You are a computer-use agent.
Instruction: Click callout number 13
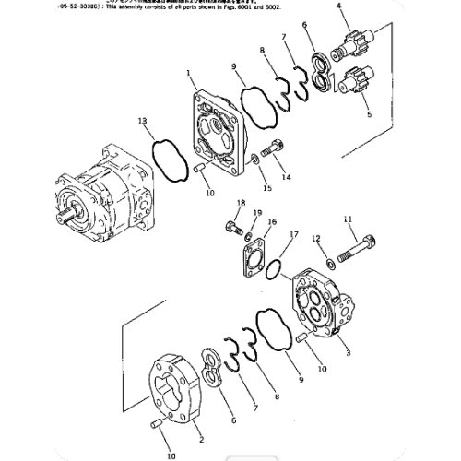(142, 122)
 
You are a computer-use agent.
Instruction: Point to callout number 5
(371, 115)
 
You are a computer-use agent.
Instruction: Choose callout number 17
(293, 236)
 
